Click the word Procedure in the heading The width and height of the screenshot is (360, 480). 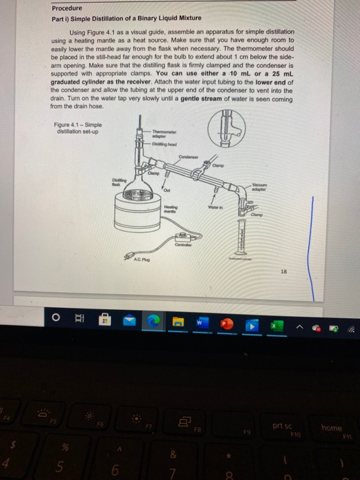[69, 8]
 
